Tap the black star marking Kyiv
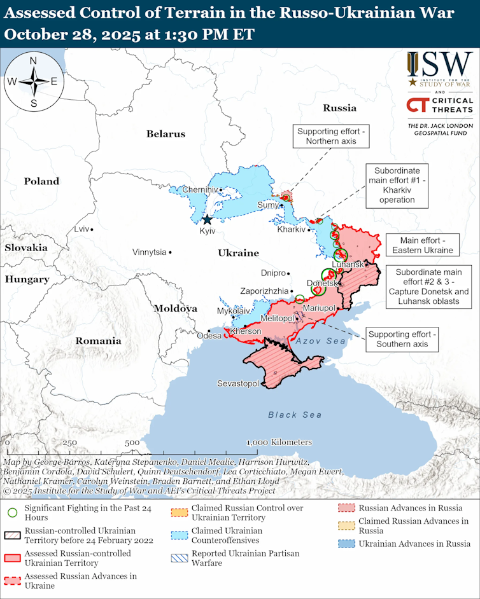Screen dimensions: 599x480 click(207, 221)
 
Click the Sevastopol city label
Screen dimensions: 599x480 click(237, 383)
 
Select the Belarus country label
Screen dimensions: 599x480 click(166, 134)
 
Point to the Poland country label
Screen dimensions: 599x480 click(41, 181)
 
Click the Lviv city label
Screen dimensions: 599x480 click(81, 229)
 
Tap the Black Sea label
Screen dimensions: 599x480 click(294, 415)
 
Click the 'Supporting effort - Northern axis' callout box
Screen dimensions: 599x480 click(331, 136)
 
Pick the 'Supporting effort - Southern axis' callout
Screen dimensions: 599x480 click(403, 340)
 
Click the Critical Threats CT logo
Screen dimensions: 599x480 click(417, 105)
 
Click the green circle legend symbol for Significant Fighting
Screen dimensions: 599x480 click(13, 513)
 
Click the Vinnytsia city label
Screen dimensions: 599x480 click(149, 252)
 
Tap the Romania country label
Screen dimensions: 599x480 click(98, 341)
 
